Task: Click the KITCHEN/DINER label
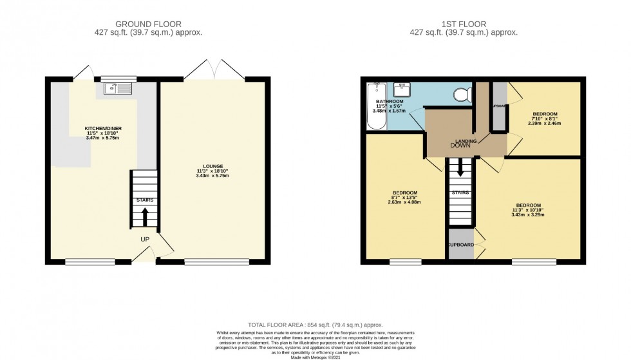tap(104, 129)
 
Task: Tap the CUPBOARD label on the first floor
tap(461, 245)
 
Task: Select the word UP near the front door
tap(146, 239)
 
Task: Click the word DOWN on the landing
tap(460, 146)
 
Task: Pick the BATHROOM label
tap(390, 102)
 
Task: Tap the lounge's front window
tap(216, 261)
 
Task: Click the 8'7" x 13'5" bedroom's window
tap(406, 261)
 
